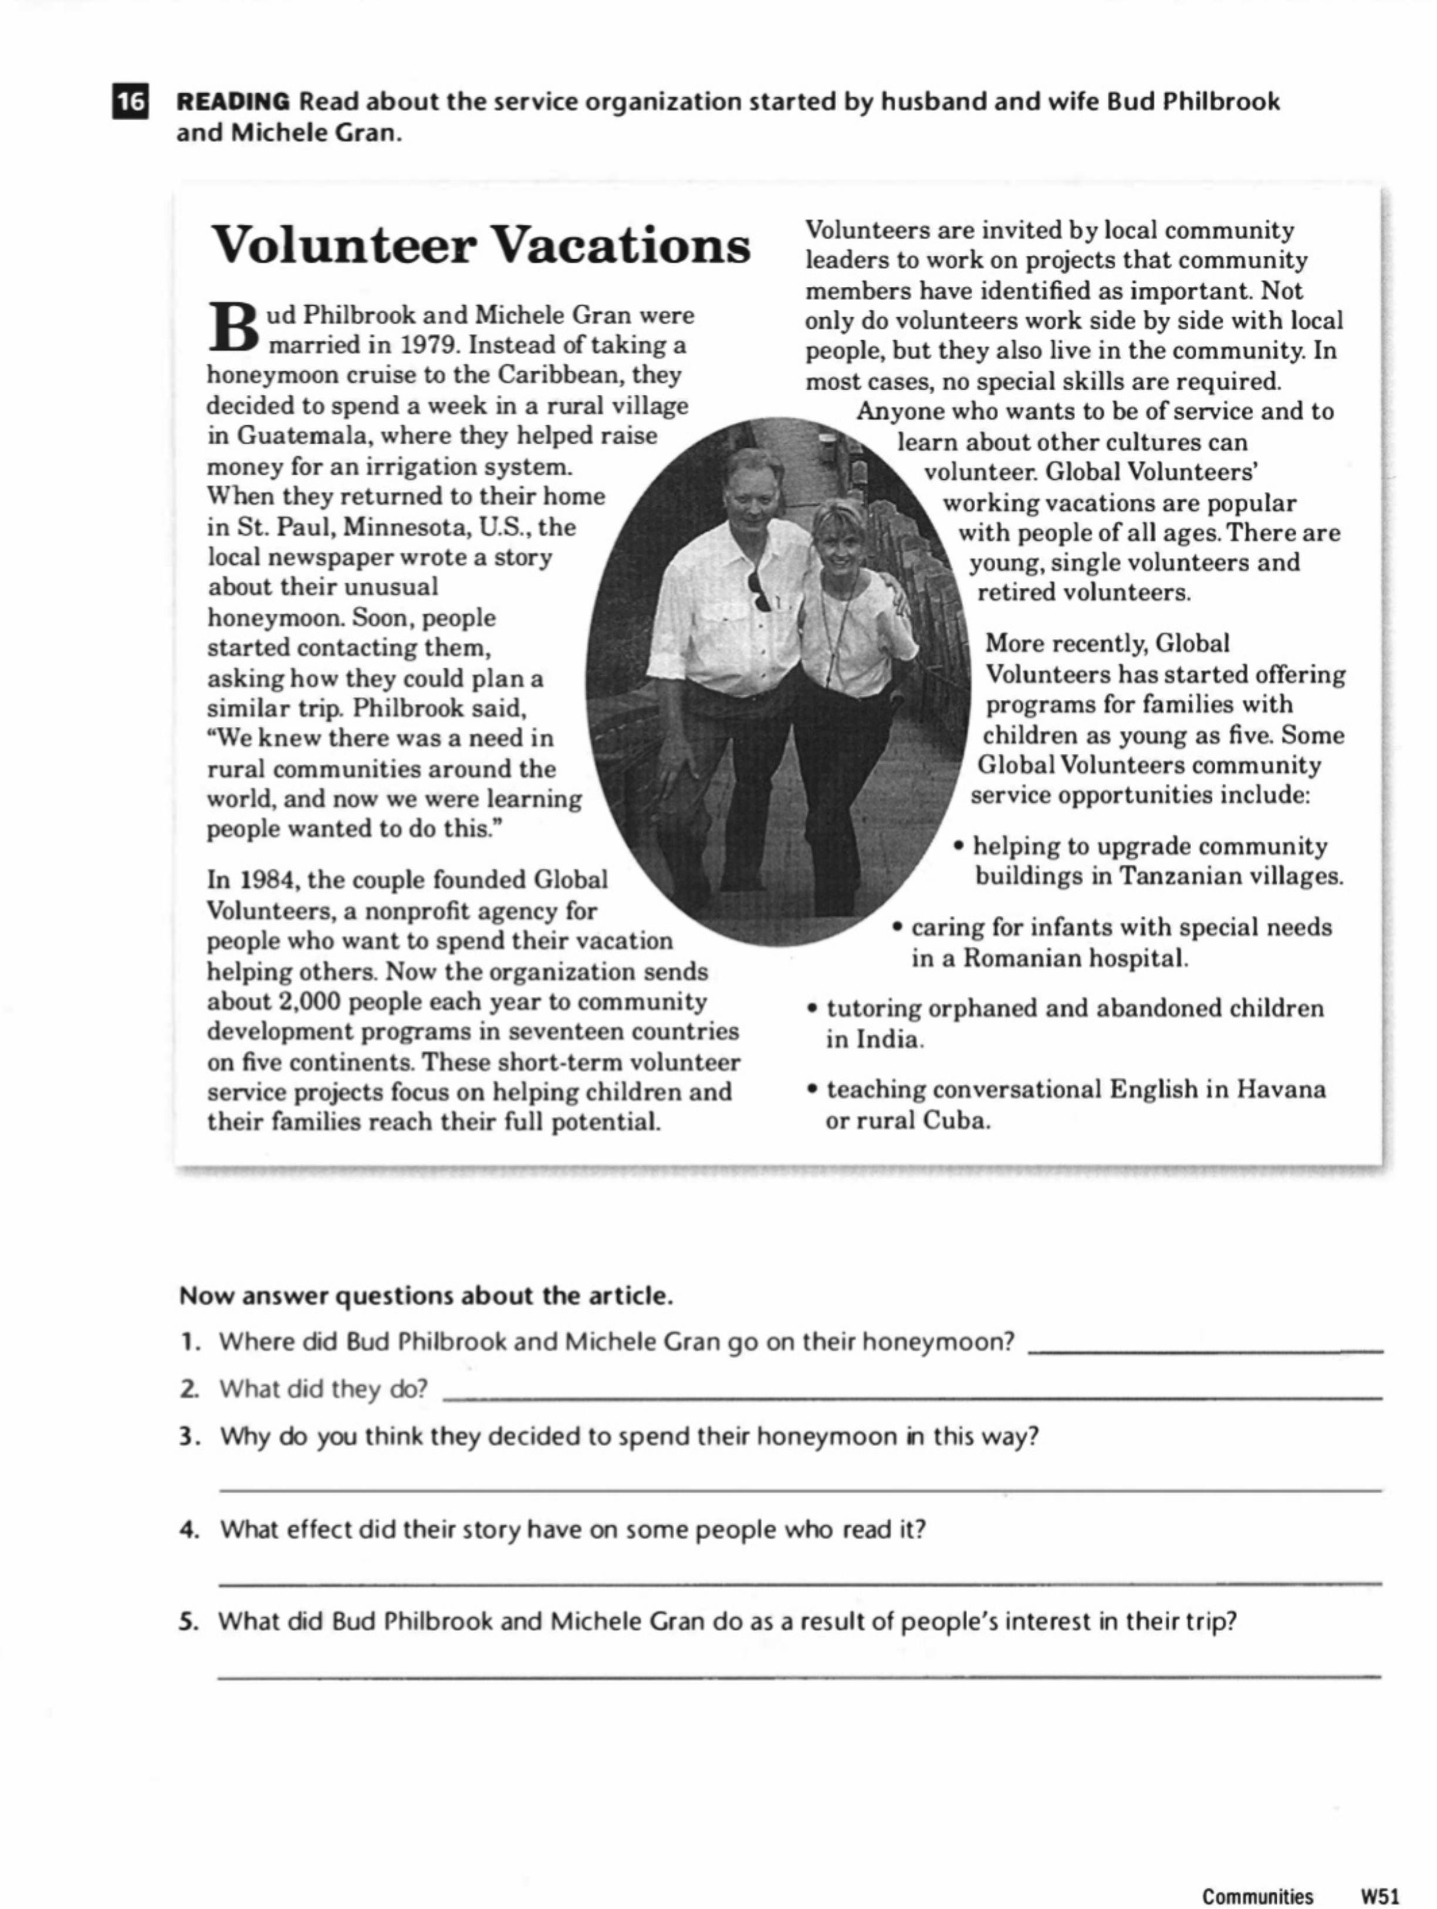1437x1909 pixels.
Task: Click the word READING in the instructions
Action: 233,102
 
